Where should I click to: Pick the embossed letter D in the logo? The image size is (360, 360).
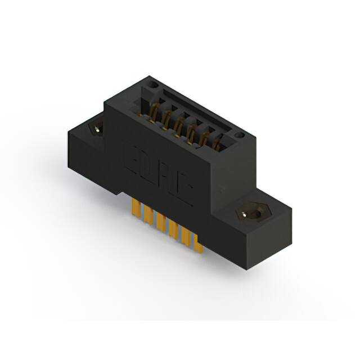[x=147, y=169]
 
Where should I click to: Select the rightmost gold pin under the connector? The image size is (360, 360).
[x=199, y=241]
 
